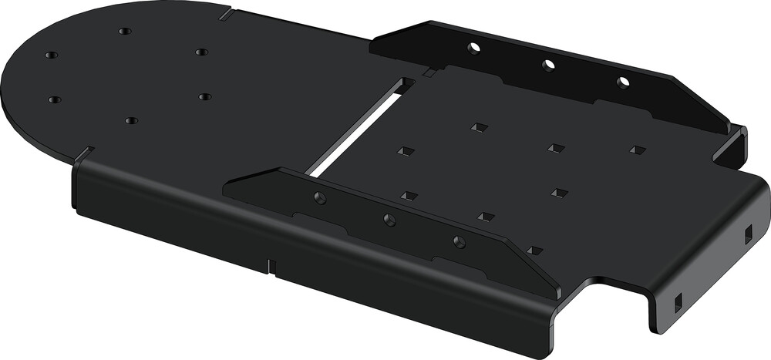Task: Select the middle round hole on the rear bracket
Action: coord(548,66)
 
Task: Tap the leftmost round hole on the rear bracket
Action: coord(473,49)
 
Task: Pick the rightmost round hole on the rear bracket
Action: coord(623,82)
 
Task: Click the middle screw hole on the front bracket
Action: coord(390,220)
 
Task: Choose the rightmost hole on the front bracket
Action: coord(460,242)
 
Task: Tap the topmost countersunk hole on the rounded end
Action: coord(125,32)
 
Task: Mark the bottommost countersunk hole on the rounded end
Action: coord(131,121)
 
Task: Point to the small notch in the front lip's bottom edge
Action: coord(272,266)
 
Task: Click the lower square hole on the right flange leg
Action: coord(678,301)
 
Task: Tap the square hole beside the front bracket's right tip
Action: coord(534,250)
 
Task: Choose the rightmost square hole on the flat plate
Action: coord(637,149)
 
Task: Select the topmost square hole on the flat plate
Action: coord(479,126)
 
